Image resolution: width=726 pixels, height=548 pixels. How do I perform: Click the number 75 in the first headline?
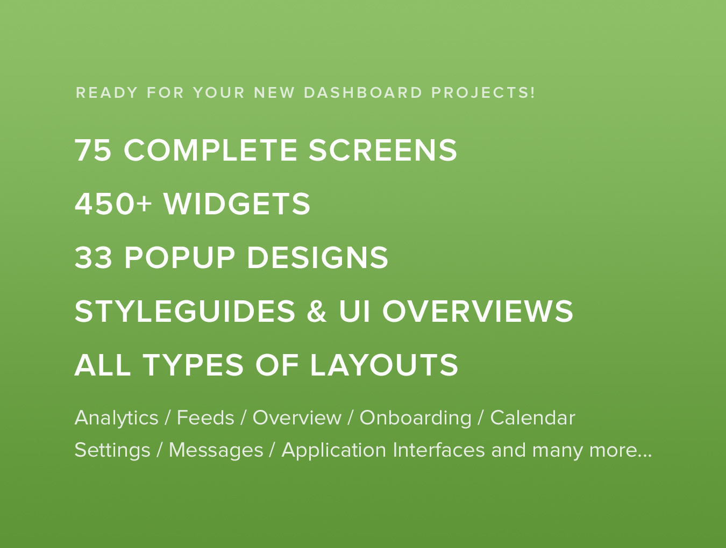pyautogui.click(x=93, y=150)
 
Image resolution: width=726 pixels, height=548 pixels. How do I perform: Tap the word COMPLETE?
pyautogui.click(x=211, y=150)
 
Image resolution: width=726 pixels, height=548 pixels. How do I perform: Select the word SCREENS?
pyautogui.click(x=383, y=150)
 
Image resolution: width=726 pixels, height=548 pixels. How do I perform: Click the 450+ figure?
pyautogui.click(x=113, y=204)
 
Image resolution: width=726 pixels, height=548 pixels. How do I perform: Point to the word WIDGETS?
pyautogui.click(x=237, y=204)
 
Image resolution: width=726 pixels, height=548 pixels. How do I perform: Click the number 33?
pyautogui.click(x=93, y=258)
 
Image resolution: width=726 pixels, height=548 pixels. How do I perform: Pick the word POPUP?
pyautogui.click(x=180, y=258)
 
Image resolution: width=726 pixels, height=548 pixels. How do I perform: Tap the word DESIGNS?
pyautogui.click(x=317, y=258)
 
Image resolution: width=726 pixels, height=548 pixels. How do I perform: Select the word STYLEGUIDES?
pyautogui.click(x=185, y=311)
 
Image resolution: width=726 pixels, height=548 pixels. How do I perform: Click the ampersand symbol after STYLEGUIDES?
pyautogui.click(x=317, y=311)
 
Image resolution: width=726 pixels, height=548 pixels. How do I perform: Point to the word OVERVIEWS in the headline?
pyautogui.click(x=478, y=311)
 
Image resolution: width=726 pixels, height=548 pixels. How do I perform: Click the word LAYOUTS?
pyautogui.click(x=384, y=365)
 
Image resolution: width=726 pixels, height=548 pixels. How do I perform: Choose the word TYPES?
pyautogui.click(x=193, y=365)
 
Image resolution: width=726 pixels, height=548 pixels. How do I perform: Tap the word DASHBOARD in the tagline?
pyautogui.click(x=363, y=92)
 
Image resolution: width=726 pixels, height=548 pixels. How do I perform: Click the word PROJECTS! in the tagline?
pyautogui.click(x=483, y=92)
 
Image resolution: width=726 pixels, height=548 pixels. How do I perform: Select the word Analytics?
pyautogui.click(x=116, y=419)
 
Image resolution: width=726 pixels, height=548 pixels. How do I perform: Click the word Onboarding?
pyautogui.click(x=415, y=419)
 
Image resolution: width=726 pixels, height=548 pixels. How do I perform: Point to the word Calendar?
pyautogui.click(x=532, y=418)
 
